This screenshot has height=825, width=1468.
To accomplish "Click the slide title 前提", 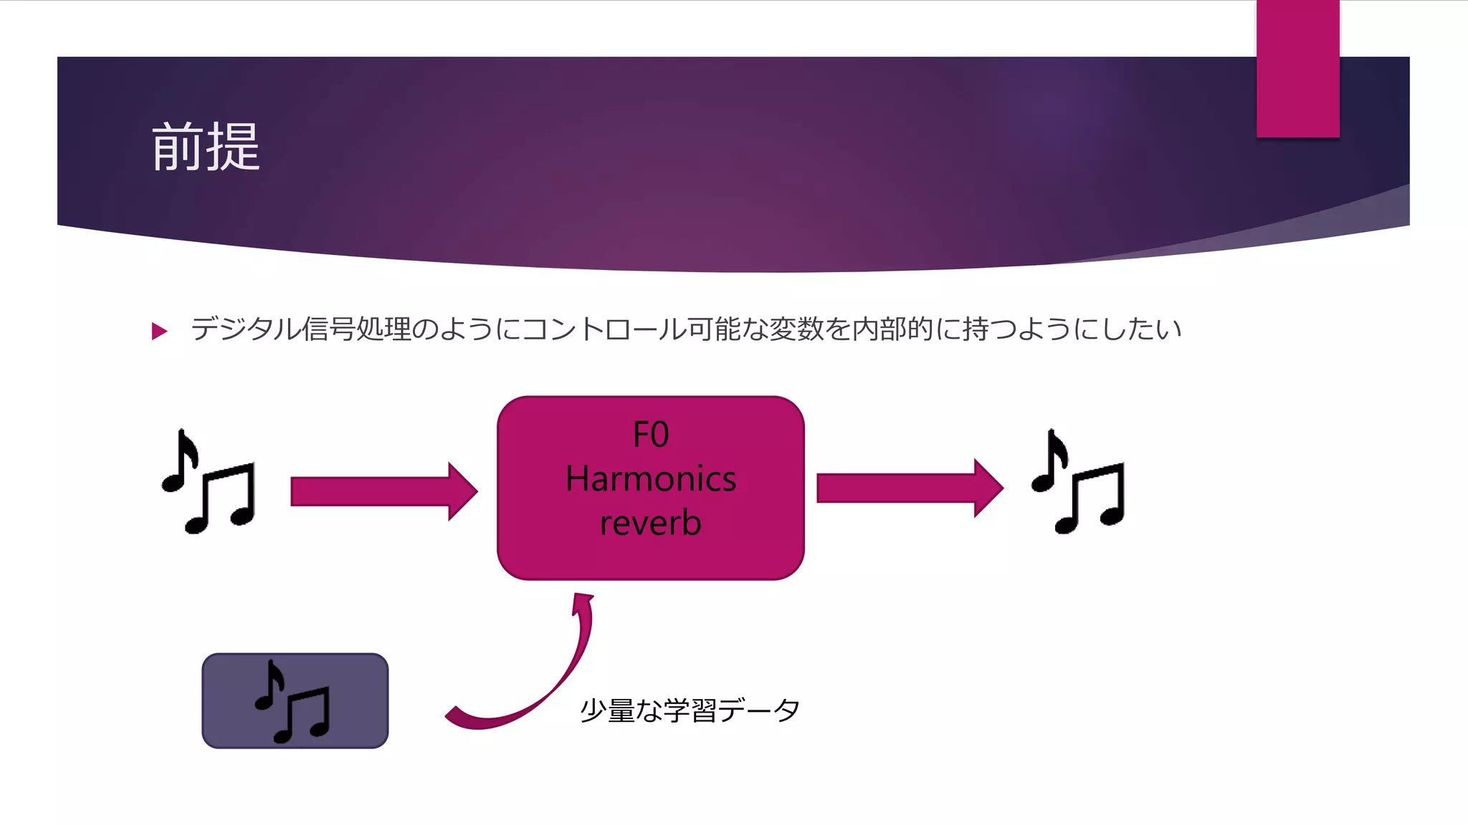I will point(206,147).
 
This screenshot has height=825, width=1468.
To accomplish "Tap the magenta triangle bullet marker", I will point(159,331).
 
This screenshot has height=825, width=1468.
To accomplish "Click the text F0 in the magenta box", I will point(651,435).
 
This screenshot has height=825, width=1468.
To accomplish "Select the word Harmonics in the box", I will point(651,478).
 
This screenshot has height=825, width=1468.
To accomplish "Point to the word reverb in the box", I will point(651,523).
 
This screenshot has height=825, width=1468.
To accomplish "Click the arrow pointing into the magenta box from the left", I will point(383,491).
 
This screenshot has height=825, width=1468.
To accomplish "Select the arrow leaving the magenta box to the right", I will point(909,488).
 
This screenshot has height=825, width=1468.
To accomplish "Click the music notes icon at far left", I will point(209,481).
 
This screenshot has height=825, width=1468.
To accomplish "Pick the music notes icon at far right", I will point(1078,481).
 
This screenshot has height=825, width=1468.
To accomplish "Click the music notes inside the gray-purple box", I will point(293,702).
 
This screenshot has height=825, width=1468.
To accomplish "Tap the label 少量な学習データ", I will point(690,710).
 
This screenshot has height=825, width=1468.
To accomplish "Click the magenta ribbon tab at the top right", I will point(1297,69).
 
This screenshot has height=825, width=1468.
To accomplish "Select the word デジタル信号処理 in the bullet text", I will point(301,329).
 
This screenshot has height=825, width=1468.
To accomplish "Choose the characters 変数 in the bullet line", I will point(796,329).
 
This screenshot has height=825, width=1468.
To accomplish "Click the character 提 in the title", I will point(234,147).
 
